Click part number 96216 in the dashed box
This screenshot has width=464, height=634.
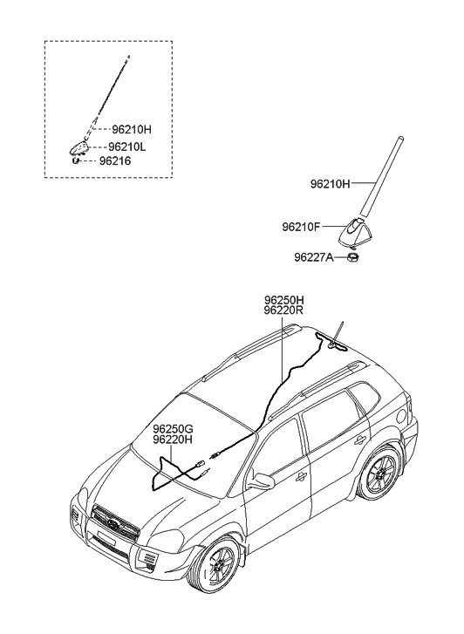tap(115, 161)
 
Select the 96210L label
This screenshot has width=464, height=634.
tap(127, 147)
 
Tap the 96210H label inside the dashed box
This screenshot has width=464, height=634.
tap(132, 129)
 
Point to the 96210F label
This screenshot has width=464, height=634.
tap(301, 228)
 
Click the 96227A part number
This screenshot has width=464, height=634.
tap(314, 257)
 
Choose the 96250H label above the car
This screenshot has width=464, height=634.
tap(284, 300)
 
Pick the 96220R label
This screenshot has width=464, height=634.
tap(284, 310)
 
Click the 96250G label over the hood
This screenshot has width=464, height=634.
tap(173, 429)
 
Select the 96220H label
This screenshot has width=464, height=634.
tap(173, 440)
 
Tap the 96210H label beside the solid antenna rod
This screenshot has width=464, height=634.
tap(330, 184)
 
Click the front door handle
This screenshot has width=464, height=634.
tap(301, 478)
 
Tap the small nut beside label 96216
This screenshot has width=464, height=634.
tap(75, 160)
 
